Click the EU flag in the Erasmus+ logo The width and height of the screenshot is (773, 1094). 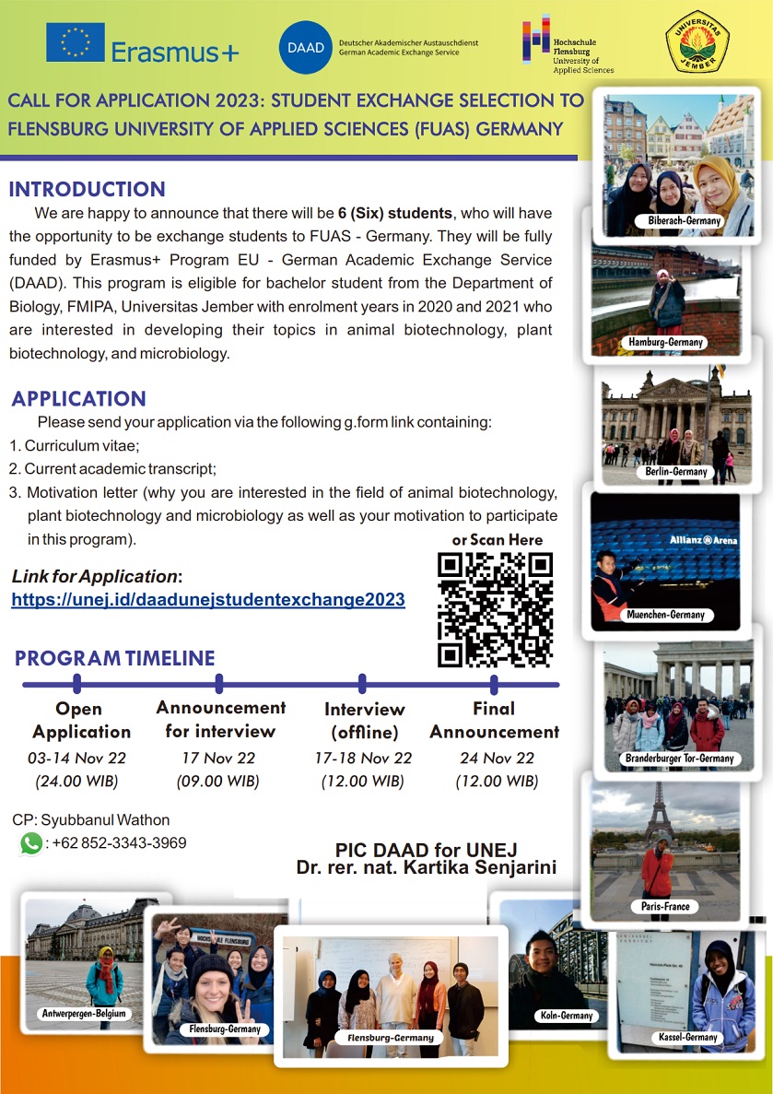[76, 42]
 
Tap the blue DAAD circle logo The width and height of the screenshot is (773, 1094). [306, 47]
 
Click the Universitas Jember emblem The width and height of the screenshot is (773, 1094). [697, 42]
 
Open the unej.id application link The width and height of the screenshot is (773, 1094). [208, 599]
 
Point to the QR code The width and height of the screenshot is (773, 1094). [495, 608]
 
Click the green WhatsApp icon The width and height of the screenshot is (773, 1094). [31, 842]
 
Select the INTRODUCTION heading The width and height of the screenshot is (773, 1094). [88, 190]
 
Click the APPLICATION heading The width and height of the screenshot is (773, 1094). [79, 399]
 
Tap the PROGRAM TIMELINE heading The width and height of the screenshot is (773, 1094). [115, 658]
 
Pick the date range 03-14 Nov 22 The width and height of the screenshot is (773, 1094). [81, 758]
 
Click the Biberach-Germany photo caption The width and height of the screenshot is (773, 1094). [683, 221]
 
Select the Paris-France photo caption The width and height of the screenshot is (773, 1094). [665, 906]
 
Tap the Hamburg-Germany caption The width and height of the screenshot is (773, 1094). [666, 342]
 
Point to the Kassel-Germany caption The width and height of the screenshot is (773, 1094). [688, 1037]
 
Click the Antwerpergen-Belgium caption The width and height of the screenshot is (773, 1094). [84, 1014]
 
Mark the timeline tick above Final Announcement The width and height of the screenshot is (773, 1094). [495, 684]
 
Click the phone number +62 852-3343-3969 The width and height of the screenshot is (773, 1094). [120, 842]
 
